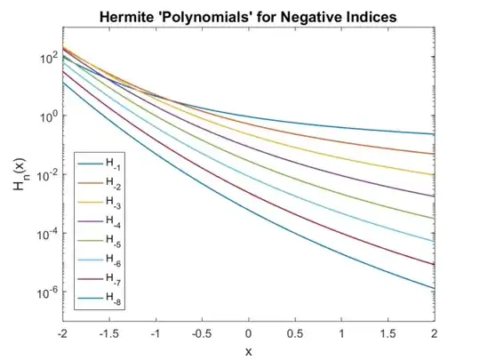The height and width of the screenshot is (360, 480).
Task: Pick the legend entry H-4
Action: tap(114, 223)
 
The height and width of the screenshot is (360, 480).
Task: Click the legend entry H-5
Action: tap(114, 243)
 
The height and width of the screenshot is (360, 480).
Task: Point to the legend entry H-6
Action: tap(114, 263)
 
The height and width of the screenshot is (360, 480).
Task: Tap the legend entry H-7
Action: tap(114, 283)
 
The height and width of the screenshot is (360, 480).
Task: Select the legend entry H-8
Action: tap(114, 302)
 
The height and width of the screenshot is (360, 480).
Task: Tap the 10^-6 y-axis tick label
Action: tap(44, 292)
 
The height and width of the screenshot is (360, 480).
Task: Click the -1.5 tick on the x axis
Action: tap(108, 332)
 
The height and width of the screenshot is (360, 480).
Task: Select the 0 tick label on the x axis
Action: tap(248, 332)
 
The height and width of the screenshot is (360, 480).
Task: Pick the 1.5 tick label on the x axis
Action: tap(388, 332)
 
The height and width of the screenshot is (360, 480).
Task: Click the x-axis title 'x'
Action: tap(248, 348)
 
